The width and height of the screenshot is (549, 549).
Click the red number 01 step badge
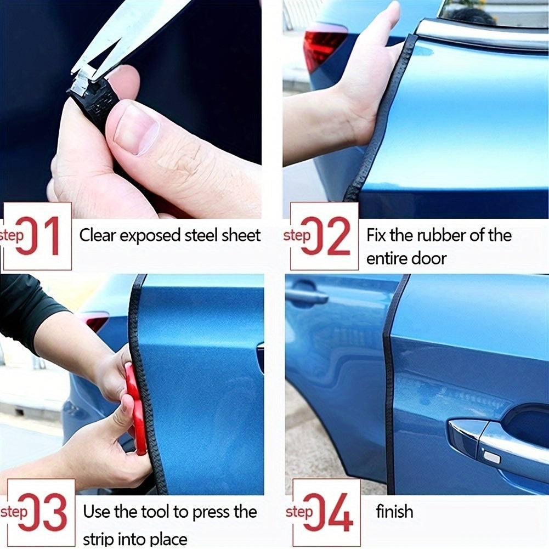point(37,236)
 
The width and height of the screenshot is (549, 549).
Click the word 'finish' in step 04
point(394,512)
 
